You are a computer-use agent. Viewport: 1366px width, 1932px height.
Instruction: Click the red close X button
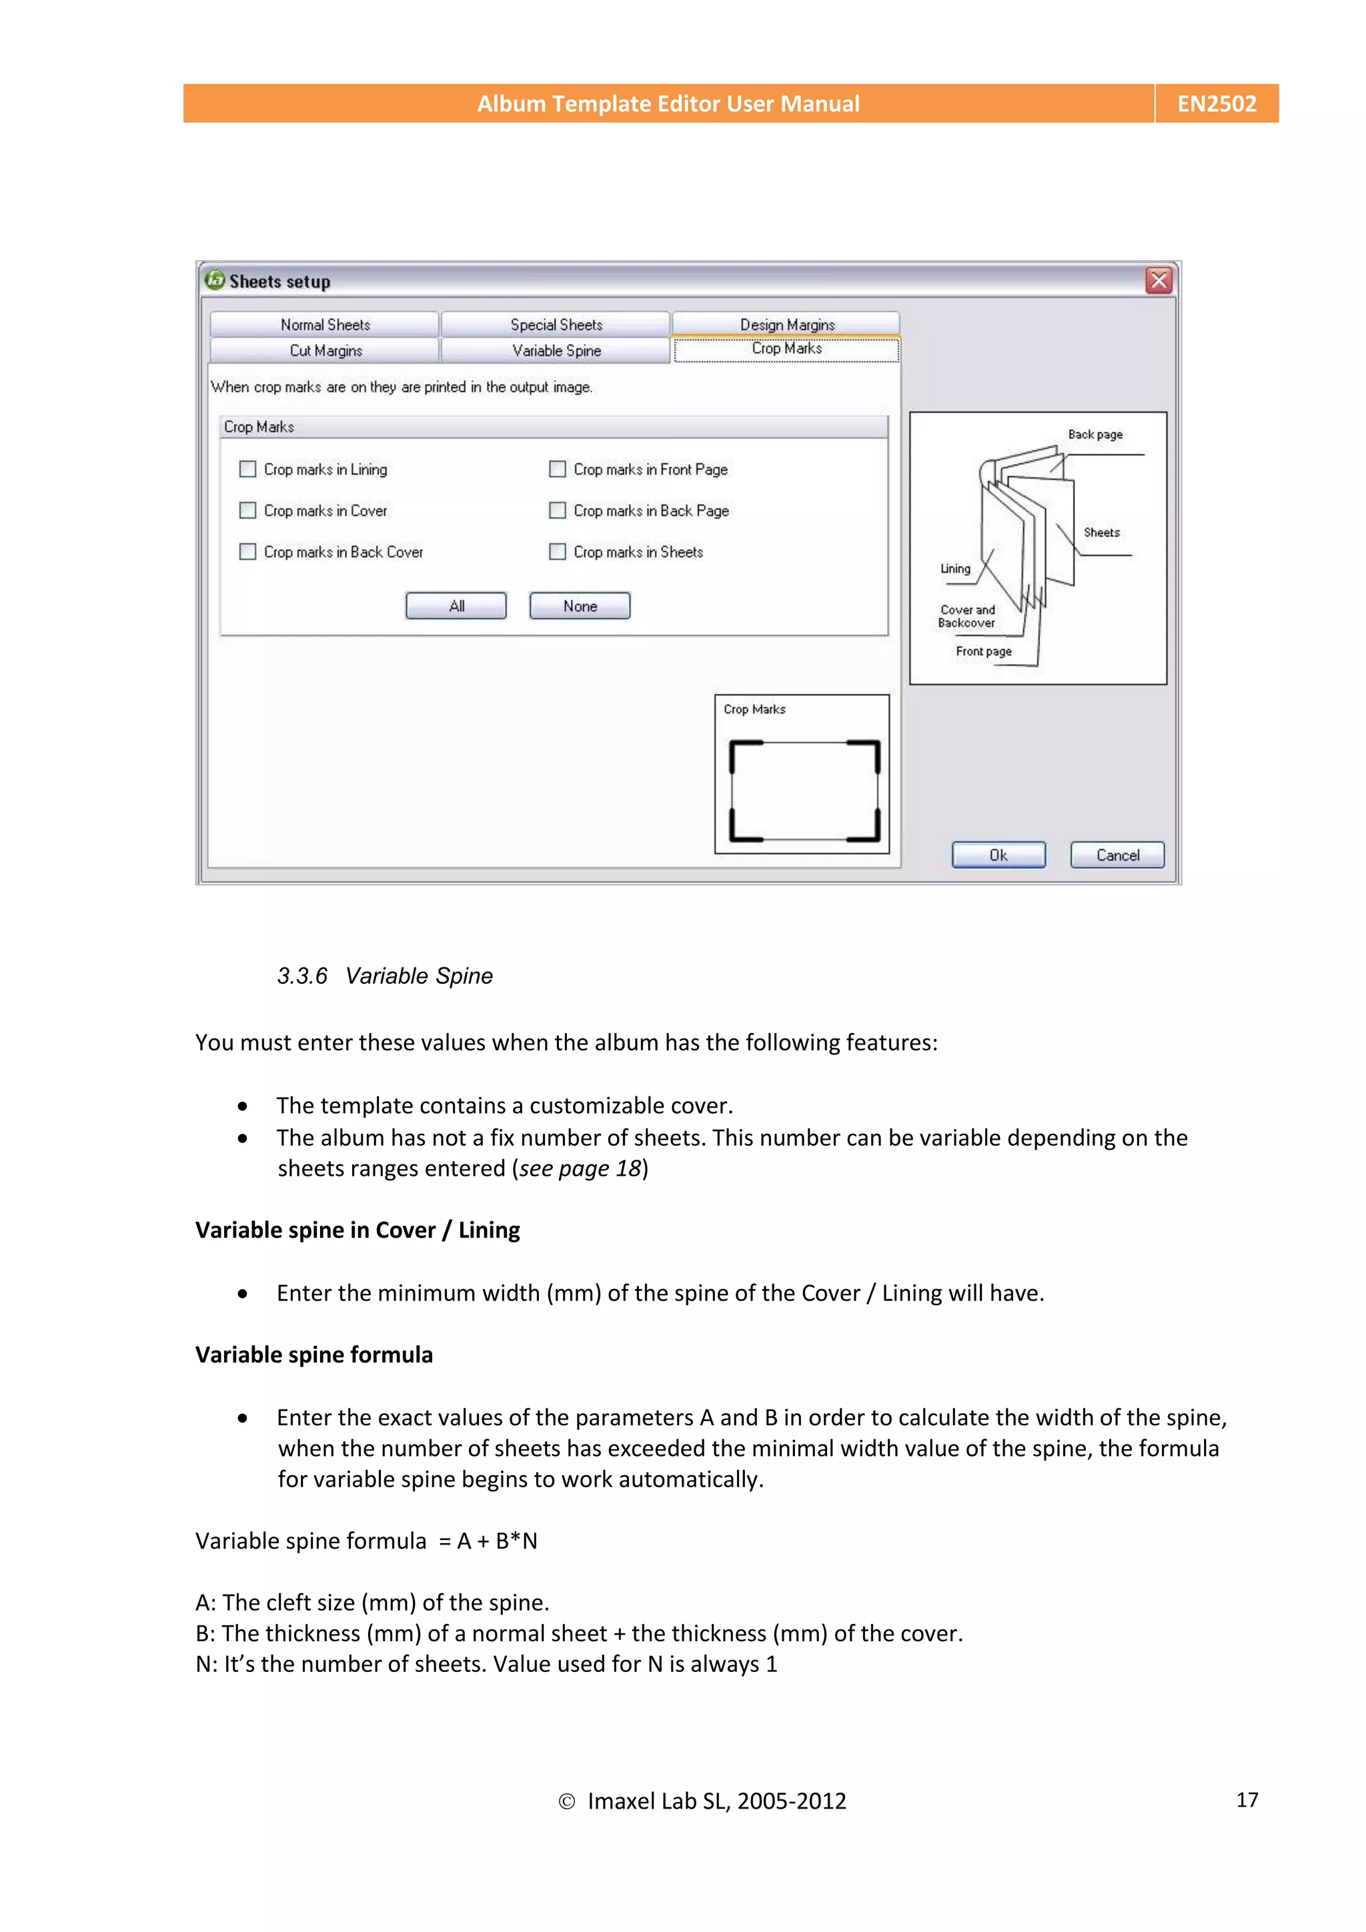1158,280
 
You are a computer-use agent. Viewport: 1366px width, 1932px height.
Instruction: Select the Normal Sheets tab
325,325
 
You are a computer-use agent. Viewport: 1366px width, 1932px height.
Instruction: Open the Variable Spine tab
556,351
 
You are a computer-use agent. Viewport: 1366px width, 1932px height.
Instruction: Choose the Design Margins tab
787,325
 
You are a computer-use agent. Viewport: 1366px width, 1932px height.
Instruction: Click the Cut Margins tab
325,351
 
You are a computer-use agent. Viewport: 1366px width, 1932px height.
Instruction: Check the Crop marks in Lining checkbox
247,469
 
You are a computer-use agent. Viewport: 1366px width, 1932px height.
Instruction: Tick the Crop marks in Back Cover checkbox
247,551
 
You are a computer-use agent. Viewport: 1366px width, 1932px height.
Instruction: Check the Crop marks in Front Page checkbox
557,469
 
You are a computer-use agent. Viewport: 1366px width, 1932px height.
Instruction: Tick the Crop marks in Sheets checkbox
557,551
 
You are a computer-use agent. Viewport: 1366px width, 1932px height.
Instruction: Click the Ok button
998,855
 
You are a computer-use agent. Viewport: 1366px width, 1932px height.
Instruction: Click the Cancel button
1117,855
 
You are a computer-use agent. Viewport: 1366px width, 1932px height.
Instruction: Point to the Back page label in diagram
1094,434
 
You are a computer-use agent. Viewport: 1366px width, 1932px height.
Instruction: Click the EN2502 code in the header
1216,103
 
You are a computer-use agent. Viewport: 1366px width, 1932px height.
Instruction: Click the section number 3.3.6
302,976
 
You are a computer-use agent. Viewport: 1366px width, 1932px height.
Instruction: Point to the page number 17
1247,1799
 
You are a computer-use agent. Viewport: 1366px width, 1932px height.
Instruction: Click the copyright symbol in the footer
566,1801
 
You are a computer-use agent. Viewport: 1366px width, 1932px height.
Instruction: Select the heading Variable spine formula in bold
314,1354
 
